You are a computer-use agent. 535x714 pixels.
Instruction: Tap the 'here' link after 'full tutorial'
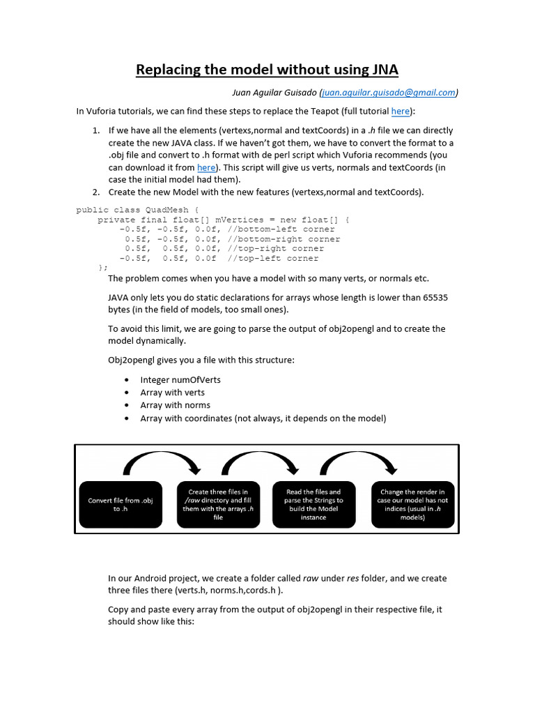pos(401,111)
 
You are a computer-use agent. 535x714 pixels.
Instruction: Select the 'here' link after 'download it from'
pos(206,167)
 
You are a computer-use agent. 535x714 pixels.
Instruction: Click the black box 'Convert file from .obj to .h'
pos(121,505)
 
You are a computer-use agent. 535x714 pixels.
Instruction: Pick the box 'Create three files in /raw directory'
pos(217,505)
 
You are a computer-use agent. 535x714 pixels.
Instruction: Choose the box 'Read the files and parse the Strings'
pos(313,505)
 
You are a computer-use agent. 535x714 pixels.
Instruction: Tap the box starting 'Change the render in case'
pos(412,505)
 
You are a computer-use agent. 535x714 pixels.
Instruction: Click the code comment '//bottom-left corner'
pos(281,229)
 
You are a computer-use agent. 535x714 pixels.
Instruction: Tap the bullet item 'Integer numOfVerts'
pos(180,380)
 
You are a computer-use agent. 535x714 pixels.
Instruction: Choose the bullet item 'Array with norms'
pos(175,405)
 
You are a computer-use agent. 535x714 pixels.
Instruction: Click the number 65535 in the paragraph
pos(431,297)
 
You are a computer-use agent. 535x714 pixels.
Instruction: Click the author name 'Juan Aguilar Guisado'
pos(273,92)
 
